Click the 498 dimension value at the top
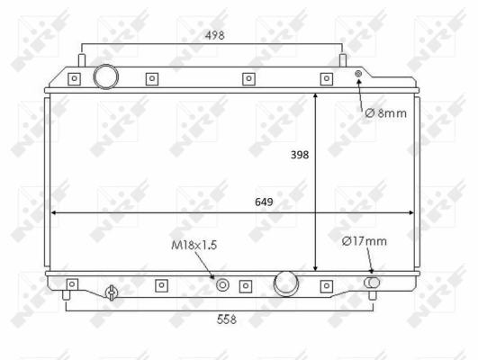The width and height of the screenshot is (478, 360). point(212,35)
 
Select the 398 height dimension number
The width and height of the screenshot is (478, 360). point(300,154)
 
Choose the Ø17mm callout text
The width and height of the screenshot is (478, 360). point(365,240)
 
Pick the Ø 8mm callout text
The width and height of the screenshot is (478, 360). point(385,113)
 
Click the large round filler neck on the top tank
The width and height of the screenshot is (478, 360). point(105,76)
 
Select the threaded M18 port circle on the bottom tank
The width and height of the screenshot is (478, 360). point(222,285)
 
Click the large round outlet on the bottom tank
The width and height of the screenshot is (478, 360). point(286,283)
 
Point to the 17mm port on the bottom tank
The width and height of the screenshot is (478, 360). point(371,283)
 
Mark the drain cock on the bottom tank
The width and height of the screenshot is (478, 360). point(111,292)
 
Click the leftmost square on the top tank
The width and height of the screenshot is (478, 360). point(74,78)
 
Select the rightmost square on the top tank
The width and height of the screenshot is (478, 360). point(328,78)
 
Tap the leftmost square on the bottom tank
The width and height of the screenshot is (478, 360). point(73,285)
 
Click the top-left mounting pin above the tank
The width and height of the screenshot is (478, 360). point(81,59)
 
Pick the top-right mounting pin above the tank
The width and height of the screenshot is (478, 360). point(342,59)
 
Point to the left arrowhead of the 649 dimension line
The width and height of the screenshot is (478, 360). point(55,213)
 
